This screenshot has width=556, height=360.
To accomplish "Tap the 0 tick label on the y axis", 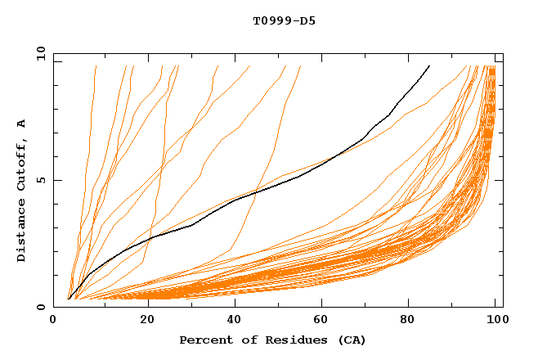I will point(42,307).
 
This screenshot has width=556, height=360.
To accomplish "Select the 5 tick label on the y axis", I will point(42,180).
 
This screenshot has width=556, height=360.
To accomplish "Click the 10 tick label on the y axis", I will point(38,53).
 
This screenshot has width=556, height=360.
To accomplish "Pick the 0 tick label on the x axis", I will point(53,321).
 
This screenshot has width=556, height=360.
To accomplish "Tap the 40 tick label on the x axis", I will point(233,321).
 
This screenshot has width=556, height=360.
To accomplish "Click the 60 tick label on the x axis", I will point(323,321).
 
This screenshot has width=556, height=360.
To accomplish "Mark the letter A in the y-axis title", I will point(22,124).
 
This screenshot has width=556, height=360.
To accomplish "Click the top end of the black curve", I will point(429,65).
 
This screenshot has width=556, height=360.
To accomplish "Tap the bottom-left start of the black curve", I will point(69,299).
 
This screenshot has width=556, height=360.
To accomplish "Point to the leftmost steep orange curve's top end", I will point(96,65).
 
